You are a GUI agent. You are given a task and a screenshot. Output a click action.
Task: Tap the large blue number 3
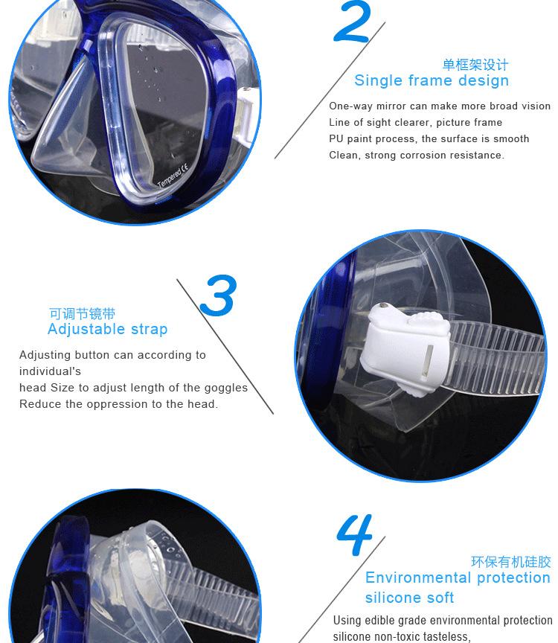coord(219,295)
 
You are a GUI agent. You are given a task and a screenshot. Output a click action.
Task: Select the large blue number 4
coord(354,534)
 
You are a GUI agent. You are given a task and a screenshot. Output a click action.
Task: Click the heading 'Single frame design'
coord(432,80)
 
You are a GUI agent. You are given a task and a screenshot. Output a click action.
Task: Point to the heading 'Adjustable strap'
coord(107,329)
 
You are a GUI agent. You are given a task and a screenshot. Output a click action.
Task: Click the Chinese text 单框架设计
coord(475,65)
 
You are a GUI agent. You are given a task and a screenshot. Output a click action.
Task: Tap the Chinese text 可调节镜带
coord(82,314)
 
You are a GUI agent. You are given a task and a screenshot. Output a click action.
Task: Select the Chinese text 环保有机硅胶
coord(511,562)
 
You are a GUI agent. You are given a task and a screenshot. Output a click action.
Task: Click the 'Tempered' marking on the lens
coord(170,178)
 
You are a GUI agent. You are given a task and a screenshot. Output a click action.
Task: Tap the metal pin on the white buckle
coord(384,306)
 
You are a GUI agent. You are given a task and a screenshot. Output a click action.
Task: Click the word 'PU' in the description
coord(336,138)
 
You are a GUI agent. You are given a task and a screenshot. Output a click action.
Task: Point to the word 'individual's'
coord(50,371)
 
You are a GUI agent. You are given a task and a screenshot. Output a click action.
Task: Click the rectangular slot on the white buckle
coord(429,359)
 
